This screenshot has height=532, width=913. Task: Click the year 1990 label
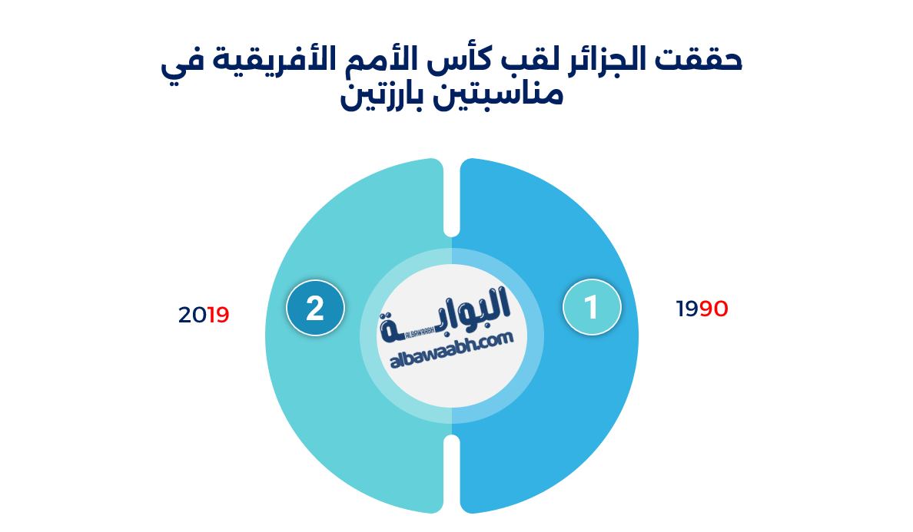(x=702, y=309)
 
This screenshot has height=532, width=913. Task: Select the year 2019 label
(x=204, y=315)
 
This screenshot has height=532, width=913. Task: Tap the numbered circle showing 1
(x=592, y=307)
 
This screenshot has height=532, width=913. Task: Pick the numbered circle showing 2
(x=315, y=308)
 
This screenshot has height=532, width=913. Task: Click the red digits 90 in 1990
(x=714, y=309)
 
